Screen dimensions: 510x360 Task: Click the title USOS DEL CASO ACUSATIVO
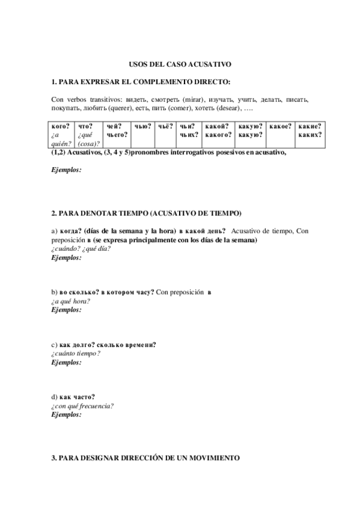coord(180,63)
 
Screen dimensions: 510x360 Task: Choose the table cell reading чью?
coord(142,127)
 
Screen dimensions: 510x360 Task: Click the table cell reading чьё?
coord(165,127)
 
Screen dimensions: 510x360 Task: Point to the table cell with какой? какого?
coord(218,131)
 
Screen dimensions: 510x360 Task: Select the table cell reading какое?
coord(280,127)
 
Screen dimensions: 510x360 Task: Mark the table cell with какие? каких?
coord(310,131)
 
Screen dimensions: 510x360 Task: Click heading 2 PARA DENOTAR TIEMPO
coord(147,213)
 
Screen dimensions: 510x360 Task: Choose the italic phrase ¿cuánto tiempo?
coord(76,353)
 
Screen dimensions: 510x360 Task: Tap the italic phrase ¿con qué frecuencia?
coord(83,405)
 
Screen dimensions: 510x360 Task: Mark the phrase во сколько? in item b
coord(79,292)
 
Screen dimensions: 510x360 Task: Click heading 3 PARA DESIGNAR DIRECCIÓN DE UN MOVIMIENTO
coord(145,458)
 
